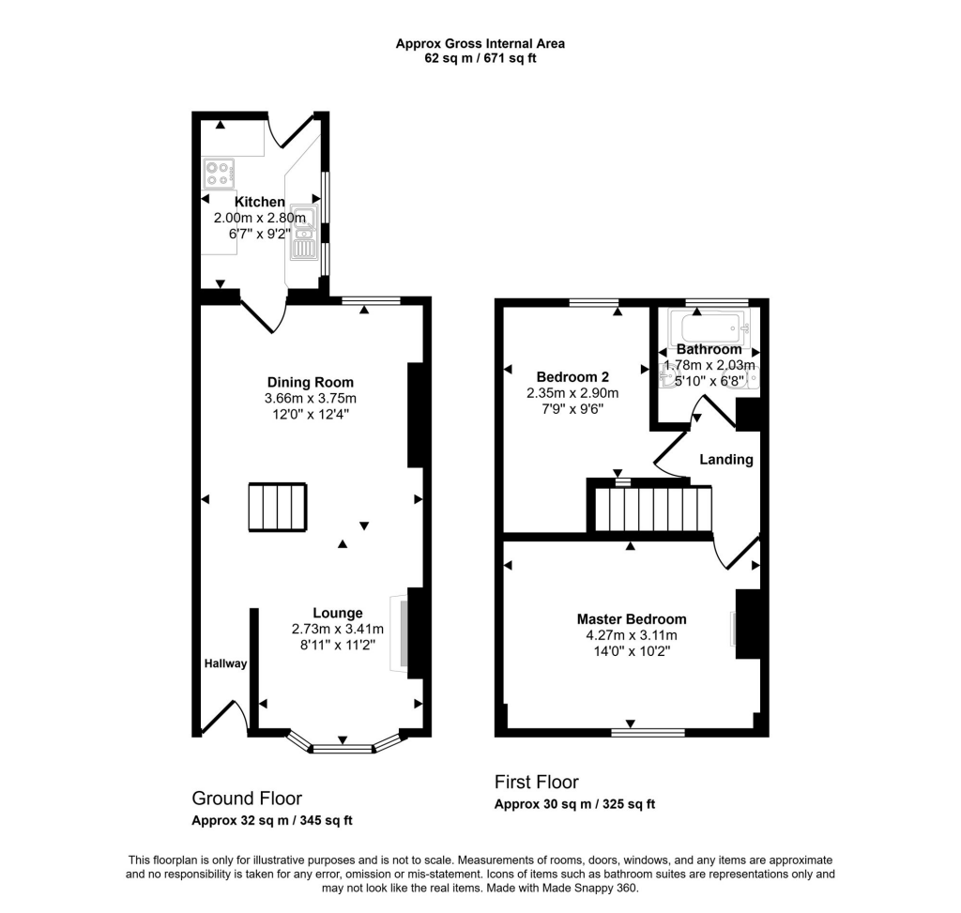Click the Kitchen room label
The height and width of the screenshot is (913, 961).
[x=259, y=202]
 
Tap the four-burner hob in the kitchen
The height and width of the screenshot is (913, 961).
[x=220, y=173]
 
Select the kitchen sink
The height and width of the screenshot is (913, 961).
[x=303, y=235]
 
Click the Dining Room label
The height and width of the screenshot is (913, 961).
[x=311, y=382]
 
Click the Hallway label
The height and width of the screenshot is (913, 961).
[x=226, y=664]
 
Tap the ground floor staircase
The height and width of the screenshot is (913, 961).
[x=278, y=508]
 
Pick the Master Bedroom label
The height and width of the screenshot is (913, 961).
[x=631, y=619]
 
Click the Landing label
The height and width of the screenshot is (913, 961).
[x=726, y=460]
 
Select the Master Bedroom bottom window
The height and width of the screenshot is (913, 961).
[x=647, y=732]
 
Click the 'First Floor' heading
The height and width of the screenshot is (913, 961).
[x=536, y=782]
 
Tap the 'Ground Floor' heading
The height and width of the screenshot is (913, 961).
[x=247, y=799]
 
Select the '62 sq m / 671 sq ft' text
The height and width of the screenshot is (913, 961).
[x=480, y=58]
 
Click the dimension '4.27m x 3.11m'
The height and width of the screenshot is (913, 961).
[x=631, y=635]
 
